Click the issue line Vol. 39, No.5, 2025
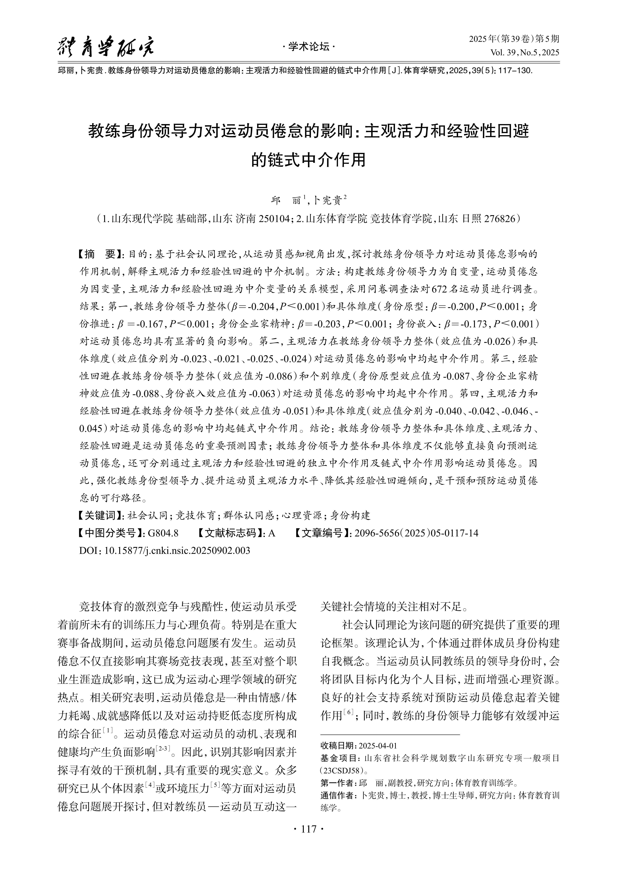pyautogui.click(x=525, y=53)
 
